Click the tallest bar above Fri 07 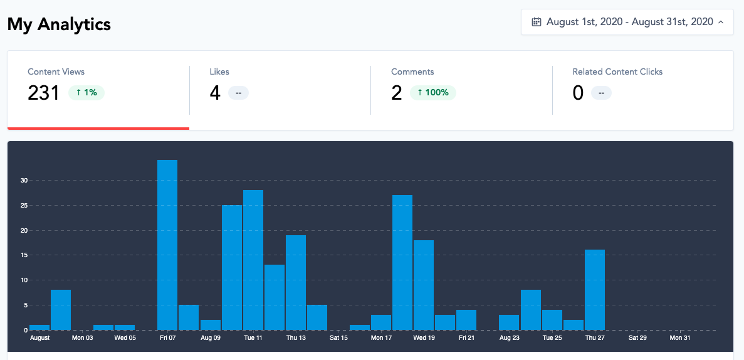pos(167,245)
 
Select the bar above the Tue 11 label pos(253,260)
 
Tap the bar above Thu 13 pos(296,282)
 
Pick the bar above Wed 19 pos(424,285)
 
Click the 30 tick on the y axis pos(24,181)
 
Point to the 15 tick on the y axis pos(24,255)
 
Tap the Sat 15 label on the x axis pos(338,338)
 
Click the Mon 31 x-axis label pos(680,338)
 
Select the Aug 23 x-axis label pos(509,338)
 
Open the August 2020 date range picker pos(627,22)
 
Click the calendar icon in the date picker pos(537,22)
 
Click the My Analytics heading pos(59,24)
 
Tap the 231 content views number pos(43,93)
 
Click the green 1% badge pos(86,93)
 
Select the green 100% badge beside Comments pos(433,93)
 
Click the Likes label pos(219,71)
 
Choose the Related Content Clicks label pos(617,71)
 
